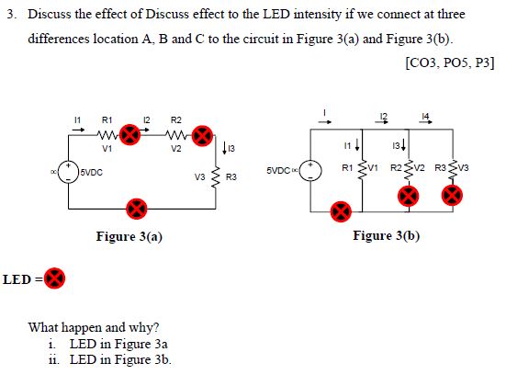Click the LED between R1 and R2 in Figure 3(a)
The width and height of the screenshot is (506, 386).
point(132,138)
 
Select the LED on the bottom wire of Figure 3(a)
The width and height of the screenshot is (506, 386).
point(135,207)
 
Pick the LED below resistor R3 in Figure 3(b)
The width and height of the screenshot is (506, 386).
point(451,194)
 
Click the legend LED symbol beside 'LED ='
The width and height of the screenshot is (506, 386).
point(55,277)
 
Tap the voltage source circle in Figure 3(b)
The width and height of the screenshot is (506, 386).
point(312,172)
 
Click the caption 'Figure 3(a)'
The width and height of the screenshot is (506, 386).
point(129,237)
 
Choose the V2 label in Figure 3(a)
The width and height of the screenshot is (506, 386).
point(175,149)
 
